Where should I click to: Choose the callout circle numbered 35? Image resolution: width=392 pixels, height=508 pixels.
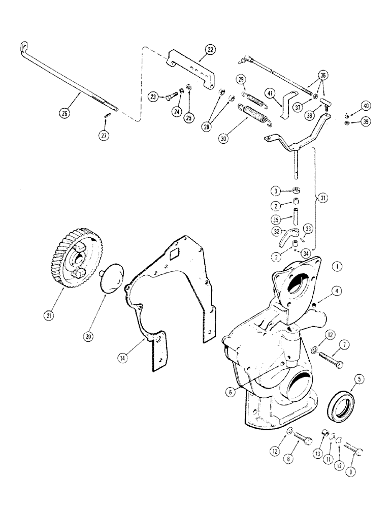(x=276, y=219)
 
